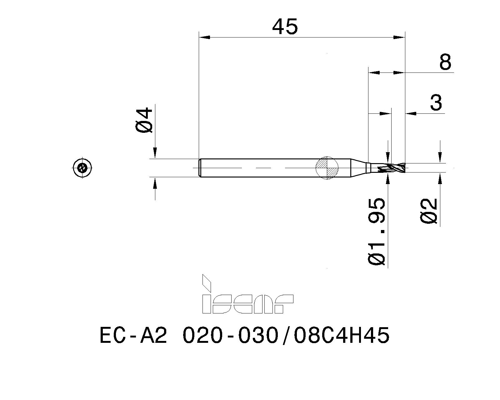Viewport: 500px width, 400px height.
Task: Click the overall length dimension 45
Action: point(285,27)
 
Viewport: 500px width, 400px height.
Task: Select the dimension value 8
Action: point(445,62)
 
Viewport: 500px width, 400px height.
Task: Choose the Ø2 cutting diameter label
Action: point(429,211)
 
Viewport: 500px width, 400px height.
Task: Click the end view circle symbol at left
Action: point(82,168)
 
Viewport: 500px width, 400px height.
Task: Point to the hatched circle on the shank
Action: point(327,168)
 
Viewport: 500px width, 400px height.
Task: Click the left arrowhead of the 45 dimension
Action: point(204,37)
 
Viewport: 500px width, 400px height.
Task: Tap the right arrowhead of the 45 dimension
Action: point(399,37)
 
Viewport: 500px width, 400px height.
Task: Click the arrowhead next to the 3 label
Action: point(411,113)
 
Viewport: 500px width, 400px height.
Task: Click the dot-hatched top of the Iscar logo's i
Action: point(207,284)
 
